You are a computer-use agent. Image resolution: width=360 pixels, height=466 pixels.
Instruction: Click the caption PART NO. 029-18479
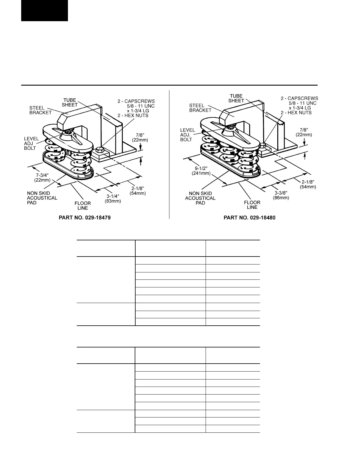(85, 218)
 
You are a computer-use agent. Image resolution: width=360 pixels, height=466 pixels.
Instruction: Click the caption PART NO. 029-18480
(249, 218)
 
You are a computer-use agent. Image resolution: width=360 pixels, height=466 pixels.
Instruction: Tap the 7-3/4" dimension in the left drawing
(42, 177)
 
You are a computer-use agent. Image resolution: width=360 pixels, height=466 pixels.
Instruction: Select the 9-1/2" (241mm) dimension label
(201, 171)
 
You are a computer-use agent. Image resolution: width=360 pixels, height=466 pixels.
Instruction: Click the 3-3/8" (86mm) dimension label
(281, 195)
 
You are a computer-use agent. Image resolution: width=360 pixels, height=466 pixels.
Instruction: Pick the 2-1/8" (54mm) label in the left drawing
(138, 191)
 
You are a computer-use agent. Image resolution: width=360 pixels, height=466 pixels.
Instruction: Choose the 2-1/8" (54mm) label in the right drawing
(308, 184)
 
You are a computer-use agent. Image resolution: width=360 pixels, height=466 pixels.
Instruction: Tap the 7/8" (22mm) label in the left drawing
(140, 137)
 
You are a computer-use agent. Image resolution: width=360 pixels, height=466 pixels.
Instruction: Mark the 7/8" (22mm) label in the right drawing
(304, 132)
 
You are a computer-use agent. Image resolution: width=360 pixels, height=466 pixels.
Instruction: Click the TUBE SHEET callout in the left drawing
(70, 102)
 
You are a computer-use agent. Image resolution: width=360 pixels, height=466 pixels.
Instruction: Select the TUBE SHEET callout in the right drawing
(236, 98)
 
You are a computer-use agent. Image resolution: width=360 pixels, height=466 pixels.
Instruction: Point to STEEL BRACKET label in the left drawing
(40, 110)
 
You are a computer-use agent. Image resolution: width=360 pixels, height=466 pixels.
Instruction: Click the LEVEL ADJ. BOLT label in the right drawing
(187, 135)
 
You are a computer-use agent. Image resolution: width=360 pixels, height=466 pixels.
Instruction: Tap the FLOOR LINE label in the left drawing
(83, 206)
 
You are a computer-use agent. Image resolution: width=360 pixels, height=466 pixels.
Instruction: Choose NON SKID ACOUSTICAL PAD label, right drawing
(200, 198)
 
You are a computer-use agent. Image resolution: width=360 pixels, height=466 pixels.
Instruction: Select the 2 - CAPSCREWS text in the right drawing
(299, 98)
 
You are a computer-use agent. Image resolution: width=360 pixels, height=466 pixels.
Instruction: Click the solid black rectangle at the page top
(44, 10)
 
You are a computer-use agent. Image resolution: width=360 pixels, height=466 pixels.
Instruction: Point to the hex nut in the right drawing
(263, 145)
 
